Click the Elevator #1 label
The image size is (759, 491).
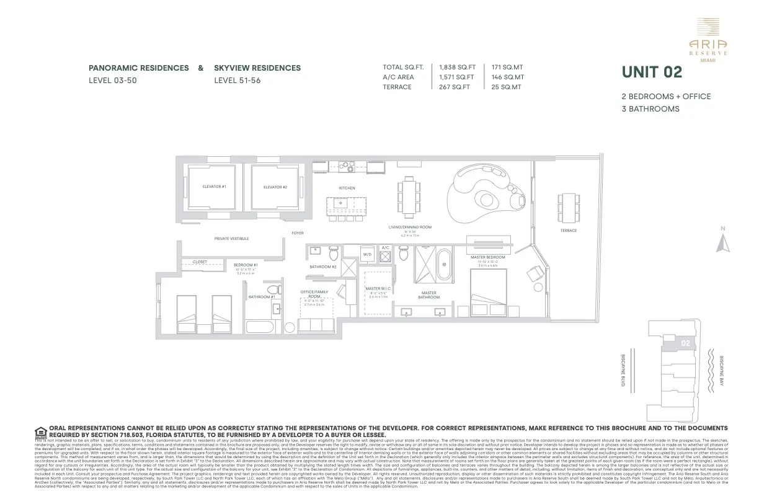coord(214,187)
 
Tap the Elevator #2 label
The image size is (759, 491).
coord(275,187)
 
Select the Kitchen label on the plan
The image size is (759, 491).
coord(347,188)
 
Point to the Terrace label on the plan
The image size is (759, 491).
coord(569,231)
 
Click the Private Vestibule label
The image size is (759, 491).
coord(231,238)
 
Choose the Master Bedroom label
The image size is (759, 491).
coord(487,257)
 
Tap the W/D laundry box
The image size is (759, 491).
coord(367,254)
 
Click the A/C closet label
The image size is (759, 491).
coord(385,248)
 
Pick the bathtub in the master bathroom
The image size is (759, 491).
coord(444,265)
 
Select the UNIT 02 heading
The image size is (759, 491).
coord(652,73)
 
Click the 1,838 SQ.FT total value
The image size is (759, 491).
coord(457,68)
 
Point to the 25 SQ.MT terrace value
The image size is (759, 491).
coord(507,87)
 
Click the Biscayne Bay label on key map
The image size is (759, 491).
coord(721,371)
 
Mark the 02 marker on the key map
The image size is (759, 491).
coord(685,343)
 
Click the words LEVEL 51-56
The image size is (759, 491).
coord(237,81)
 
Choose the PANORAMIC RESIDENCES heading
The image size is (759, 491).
coord(138,68)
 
